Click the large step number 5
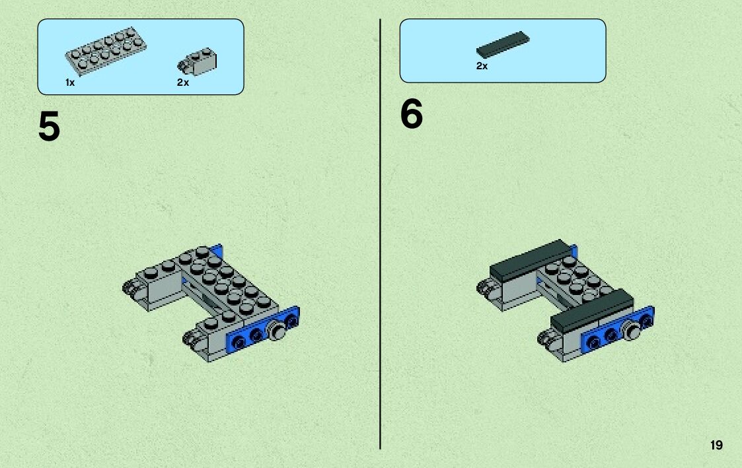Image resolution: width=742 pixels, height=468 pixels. tap(49, 126)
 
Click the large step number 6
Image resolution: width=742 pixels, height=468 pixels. tap(411, 114)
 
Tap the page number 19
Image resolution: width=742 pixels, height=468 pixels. tap(716, 445)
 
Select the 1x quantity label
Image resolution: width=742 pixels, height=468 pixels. tap(70, 83)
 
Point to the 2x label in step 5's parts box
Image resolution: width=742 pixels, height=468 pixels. tap(183, 83)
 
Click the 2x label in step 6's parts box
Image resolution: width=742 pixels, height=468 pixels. tap(482, 66)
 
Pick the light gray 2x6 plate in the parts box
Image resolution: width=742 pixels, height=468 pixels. tap(106, 51)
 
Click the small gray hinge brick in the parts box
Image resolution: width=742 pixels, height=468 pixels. tap(198, 62)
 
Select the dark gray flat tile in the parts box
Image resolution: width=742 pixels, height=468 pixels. tap(503, 44)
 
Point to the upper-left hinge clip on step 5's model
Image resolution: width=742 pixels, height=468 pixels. tap(131, 287)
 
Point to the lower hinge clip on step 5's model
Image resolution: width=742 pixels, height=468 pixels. tap(191, 339)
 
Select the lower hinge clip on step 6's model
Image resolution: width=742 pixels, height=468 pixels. tap(546, 339)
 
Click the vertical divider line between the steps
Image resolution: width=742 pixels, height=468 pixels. tap(380, 234)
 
